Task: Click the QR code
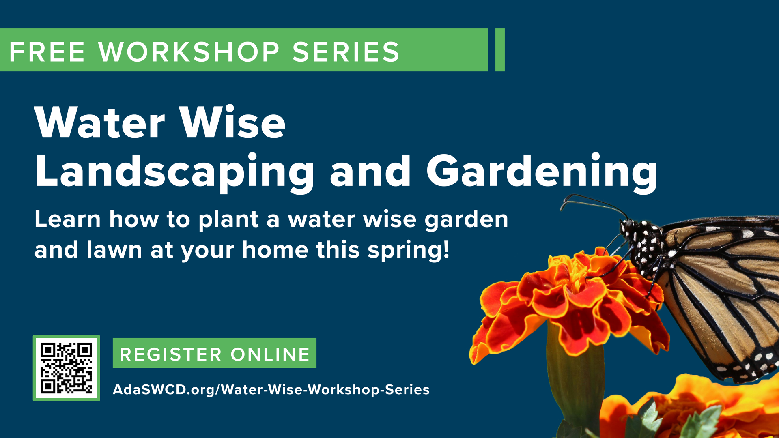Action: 66,368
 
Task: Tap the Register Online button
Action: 214,353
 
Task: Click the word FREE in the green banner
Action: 47,52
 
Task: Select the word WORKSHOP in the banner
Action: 189,52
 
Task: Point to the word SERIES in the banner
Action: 346,52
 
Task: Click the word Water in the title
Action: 100,122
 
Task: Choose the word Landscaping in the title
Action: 174,172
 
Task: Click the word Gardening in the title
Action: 542,172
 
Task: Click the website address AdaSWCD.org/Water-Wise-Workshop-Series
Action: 271,389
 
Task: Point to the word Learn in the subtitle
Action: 68,219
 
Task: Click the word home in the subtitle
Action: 275,249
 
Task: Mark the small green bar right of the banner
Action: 500,50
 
